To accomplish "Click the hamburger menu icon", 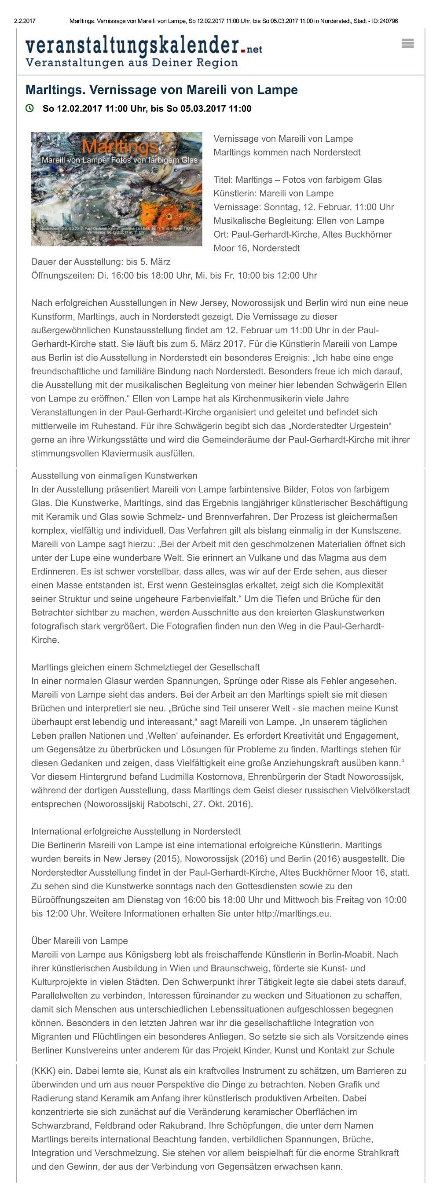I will click(x=407, y=44).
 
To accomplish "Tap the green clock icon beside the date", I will click(x=30, y=108).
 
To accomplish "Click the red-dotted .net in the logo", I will click(x=251, y=49).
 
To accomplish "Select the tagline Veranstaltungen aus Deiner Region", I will click(x=132, y=63).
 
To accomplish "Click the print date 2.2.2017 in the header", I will click(x=25, y=21).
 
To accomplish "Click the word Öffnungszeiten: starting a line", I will click(x=63, y=276).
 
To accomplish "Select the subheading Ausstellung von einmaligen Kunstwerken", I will click(x=114, y=476).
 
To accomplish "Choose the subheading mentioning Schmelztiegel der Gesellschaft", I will click(x=146, y=667).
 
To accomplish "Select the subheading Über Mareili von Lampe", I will click(x=80, y=941).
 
